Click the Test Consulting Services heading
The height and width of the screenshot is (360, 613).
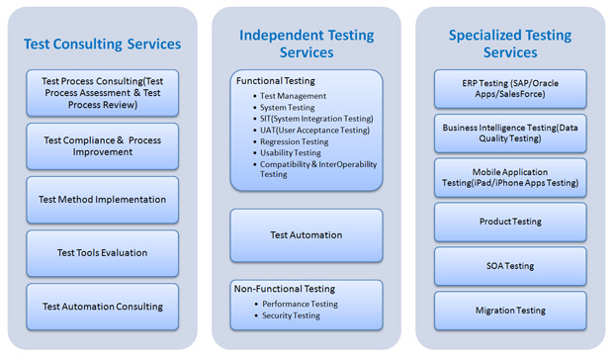[102, 44]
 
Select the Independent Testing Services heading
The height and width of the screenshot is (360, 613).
[306, 44]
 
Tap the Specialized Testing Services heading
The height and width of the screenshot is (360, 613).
[510, 44]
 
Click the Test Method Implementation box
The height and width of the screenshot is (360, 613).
[102, 200]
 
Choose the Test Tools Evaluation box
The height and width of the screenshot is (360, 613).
[102, 253]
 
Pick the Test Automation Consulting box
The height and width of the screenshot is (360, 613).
[102, 307]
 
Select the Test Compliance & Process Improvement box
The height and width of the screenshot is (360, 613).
[102, 146]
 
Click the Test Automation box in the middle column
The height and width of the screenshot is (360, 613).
[306, 235]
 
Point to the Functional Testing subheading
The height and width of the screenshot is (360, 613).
[276, 81]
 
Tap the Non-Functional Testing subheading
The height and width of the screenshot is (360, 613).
[284, 289]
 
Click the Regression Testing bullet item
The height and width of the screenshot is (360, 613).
[295, 141]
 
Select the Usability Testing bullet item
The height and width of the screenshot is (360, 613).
[291, 153]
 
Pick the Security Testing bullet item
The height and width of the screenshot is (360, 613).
[291, 315]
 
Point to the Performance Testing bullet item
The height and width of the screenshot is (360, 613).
[300, 304]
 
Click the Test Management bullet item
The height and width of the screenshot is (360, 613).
[293, 96]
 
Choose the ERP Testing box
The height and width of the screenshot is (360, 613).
[510, 89]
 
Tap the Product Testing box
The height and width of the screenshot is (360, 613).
[510, 222]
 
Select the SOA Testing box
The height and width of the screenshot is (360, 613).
[510, 266]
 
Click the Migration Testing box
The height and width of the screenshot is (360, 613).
[510, 311]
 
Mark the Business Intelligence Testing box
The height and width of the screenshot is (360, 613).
[510, 134]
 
